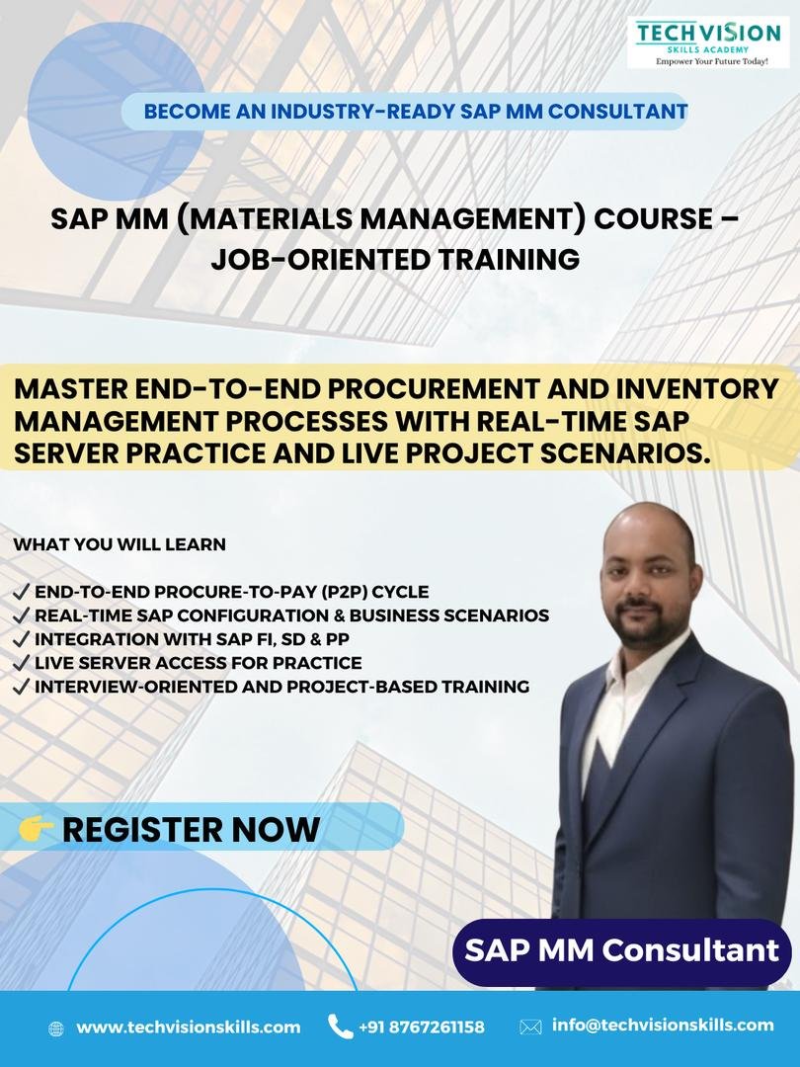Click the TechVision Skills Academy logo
[708, 42]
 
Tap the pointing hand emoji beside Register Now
[37, 828]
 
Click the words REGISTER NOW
[191, 829]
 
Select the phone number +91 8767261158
[422, 1026]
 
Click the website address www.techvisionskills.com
[189, 1026]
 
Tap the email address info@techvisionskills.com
[663, 1025]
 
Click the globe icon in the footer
[56, 1028]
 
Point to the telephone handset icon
[340, 1026]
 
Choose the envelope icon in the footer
[530, 1026]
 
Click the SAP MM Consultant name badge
[622, 951]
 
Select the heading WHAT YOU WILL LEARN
[120, 544]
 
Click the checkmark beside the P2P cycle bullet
[22, 592]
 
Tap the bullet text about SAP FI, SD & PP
[192, 639]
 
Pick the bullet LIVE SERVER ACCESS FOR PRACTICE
[198, 663]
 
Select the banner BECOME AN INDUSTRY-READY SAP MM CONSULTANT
[416, 111]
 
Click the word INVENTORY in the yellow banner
[697, 388]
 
